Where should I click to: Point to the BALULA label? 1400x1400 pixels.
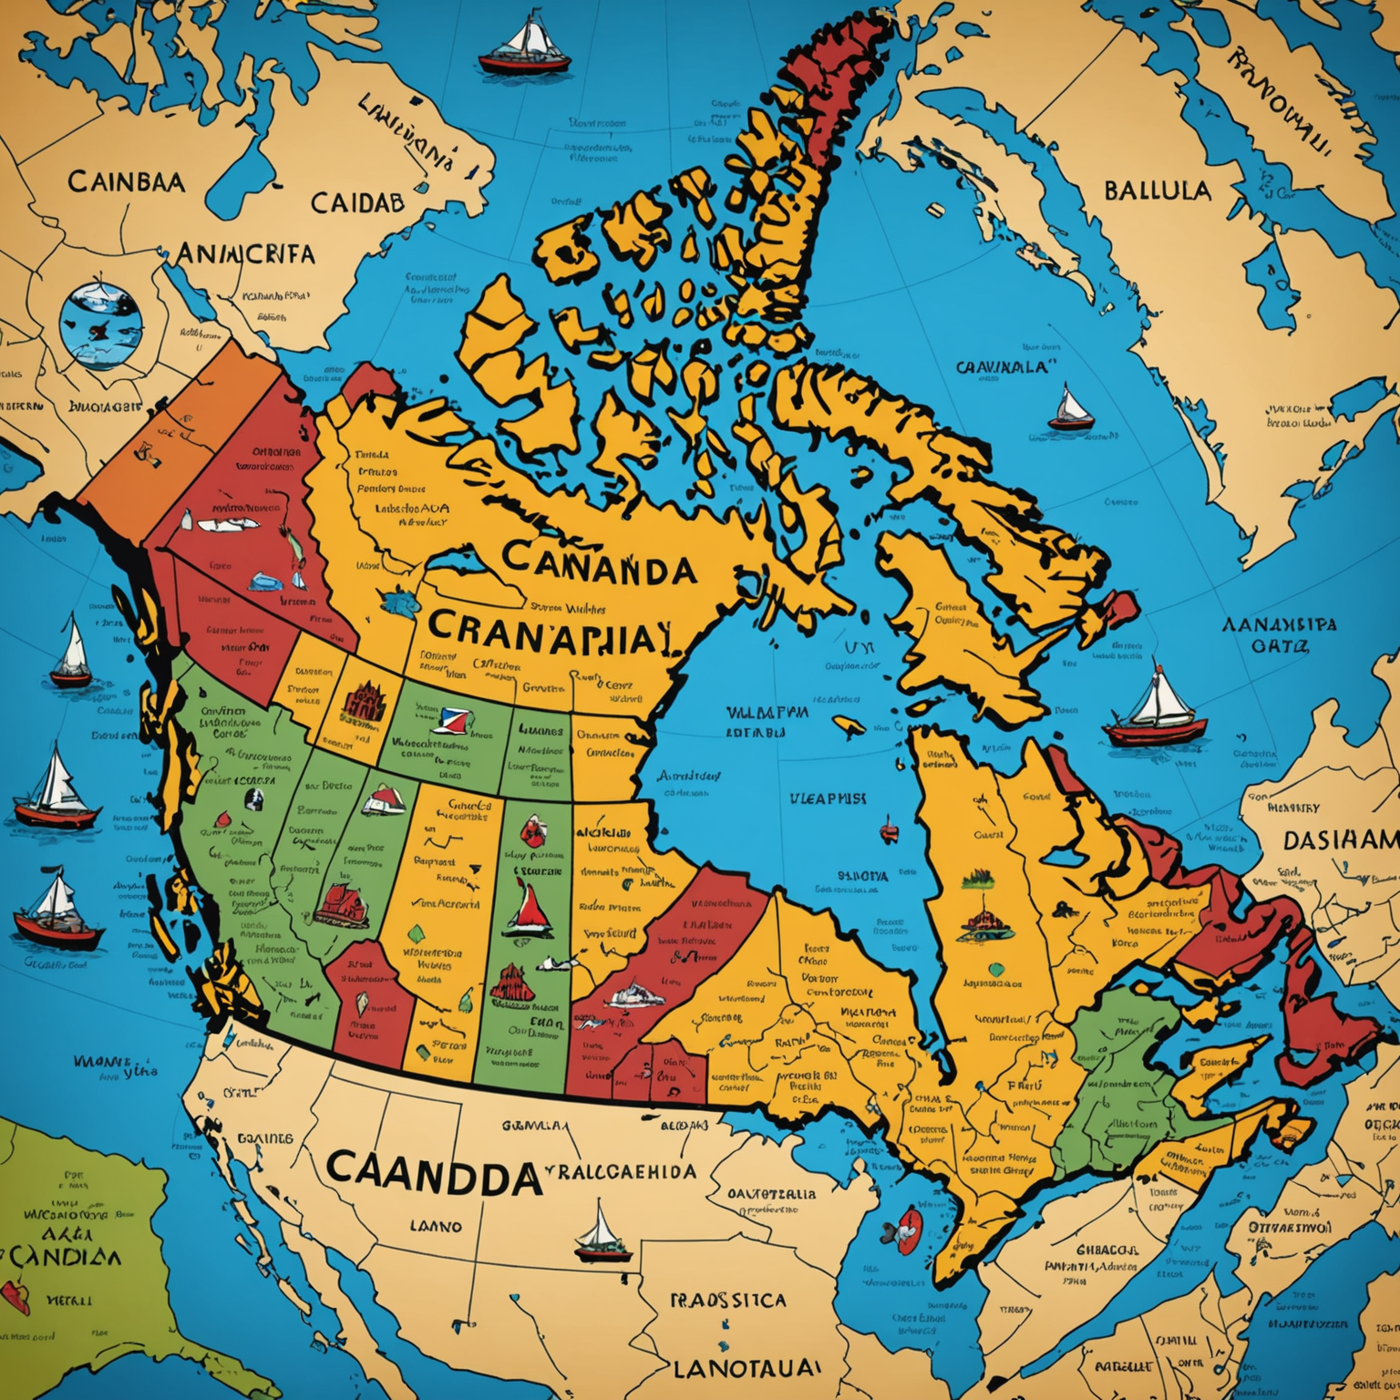[1158, 190]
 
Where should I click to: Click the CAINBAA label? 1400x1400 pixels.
[126, 181]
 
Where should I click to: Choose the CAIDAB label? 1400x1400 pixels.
[357, 202]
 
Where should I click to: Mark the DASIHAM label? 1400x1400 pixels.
[1341, 839]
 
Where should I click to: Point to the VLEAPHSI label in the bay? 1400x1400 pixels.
[828, 798]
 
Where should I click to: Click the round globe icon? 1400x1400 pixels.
[100, 325]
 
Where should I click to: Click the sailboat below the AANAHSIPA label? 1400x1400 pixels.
[1156, 708]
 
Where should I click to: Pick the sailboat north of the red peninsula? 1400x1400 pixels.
[525, 47]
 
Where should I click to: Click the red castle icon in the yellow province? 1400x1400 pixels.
[364, 703]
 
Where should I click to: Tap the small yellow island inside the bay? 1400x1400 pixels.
[849, 726]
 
